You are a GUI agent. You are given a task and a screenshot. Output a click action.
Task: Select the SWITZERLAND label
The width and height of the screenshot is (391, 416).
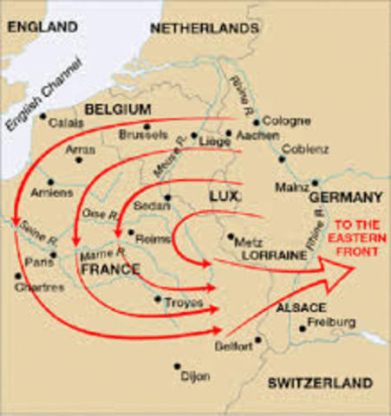point(320,382)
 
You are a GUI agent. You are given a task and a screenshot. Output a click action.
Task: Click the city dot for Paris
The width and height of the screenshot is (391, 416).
point(53,255)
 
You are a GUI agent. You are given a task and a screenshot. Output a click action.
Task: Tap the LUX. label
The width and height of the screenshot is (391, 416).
point(223,198)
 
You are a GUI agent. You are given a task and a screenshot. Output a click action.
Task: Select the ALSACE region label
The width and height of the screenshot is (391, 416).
point(301,308)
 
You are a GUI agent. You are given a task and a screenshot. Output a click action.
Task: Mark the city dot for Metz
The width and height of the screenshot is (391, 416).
point(230,236)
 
